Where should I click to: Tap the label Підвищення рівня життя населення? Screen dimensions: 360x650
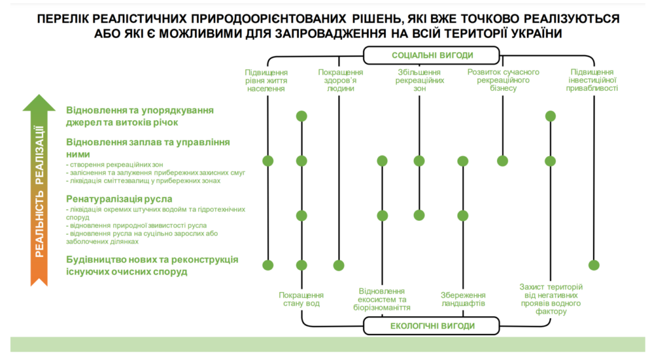coord(266,81)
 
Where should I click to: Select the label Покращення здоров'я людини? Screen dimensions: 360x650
coord(340,81)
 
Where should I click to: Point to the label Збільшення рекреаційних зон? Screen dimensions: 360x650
coord(419,81)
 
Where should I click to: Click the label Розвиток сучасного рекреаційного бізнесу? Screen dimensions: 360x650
coord(503,81)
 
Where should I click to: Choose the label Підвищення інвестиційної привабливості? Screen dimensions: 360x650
coord(594,81)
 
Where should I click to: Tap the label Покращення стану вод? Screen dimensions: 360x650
coord(302,299)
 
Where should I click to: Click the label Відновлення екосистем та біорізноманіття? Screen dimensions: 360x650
coord(381,299)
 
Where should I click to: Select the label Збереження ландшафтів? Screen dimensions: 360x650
coord(463,299)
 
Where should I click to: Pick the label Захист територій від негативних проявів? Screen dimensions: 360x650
coord(550,299)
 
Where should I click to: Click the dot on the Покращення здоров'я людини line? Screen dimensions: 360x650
coord(339,265)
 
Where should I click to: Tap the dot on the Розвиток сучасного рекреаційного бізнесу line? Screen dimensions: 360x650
coord(503,161)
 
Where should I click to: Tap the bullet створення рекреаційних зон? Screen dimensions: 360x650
coord(107,164)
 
